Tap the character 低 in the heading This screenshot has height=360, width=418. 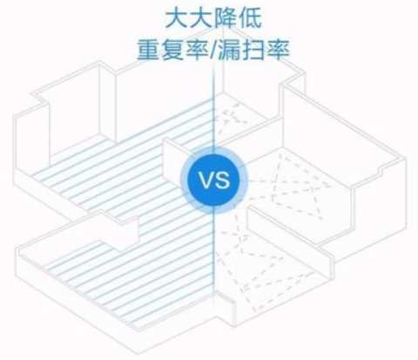[250, 19]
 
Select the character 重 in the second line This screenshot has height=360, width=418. [148, 51]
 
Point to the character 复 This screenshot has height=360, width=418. [172, 51]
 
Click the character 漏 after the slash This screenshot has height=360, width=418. [228, 51]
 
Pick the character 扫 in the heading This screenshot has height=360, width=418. [253, 51]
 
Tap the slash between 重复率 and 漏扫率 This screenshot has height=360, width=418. [212, 51]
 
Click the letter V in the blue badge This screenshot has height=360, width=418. [206, 180]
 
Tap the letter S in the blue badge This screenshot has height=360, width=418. [222, 180]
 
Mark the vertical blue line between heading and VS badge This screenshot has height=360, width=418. [213, 107]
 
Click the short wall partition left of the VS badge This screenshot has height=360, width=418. [174, 163]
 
